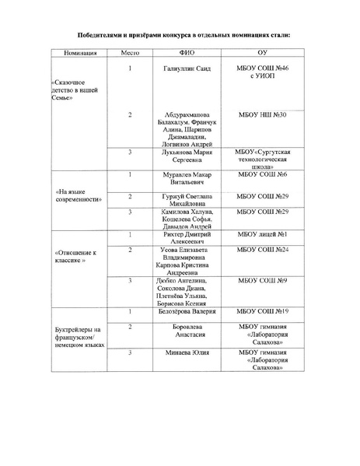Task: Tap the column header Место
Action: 130,54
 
